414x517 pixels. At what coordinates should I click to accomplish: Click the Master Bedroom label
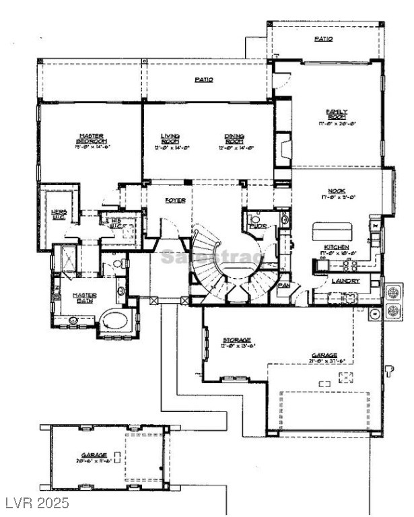click(x=90, y=138)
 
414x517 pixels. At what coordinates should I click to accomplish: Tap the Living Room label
click(x=170, y=138)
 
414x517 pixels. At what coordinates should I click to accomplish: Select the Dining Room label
click(x=234, y=138)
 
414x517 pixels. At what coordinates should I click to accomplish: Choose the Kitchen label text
click(x=337, y=248)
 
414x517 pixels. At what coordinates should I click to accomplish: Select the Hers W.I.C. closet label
click(x=59, y=213)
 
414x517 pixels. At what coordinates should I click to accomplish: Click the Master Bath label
click(x=85, y=298)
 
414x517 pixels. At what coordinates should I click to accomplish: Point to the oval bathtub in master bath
click(x=116, y=318)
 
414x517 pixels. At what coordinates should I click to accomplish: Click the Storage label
click(x=237, y=340)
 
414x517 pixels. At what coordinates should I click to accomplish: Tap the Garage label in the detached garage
click(x=91, y=455)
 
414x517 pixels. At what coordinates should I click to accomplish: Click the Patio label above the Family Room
click(x=323, y=39)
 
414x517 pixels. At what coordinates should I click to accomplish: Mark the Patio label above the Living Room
click(x=204, y=79)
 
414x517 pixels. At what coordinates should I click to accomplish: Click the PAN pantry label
click(x=284, y=285)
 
